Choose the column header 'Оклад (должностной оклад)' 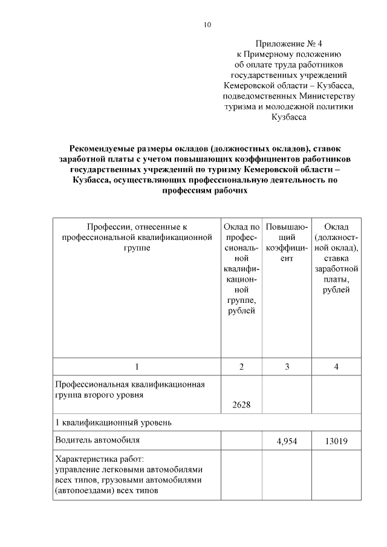(336, 259)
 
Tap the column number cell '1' (137, 367)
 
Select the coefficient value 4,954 (287, 441)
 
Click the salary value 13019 (336, 441)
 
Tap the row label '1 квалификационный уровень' (113, 422)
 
